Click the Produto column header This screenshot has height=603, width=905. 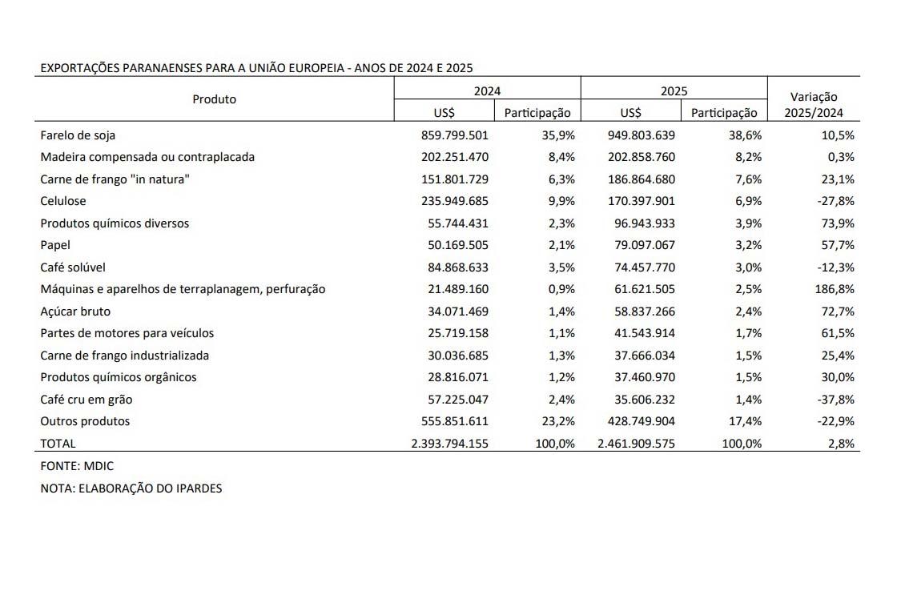[215, 99]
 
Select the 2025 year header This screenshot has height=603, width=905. [674, 91]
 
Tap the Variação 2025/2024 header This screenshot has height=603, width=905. [814, 105]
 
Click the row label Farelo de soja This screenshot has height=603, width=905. [78, 135]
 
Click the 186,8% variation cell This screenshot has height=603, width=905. [835, 289]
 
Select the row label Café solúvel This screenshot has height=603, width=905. [73, 267]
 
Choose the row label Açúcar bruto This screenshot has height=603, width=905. [75, 312]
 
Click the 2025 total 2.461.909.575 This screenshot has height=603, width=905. [636, 443]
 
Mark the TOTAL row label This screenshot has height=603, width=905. [58, 443]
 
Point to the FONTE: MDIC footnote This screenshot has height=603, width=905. [71, 465]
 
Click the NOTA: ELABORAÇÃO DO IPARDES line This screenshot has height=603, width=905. [131, 488]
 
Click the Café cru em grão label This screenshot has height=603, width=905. [86, 400]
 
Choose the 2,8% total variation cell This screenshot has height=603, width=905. [841, 443]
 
